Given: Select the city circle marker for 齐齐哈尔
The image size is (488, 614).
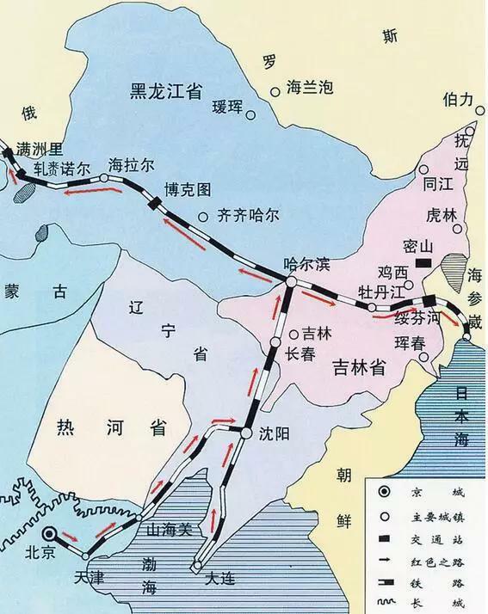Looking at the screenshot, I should tap(203, 218).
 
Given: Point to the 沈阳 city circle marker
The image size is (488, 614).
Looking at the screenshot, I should tap(246, 433).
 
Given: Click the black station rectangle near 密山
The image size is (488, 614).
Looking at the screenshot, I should tap(423, 261).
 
